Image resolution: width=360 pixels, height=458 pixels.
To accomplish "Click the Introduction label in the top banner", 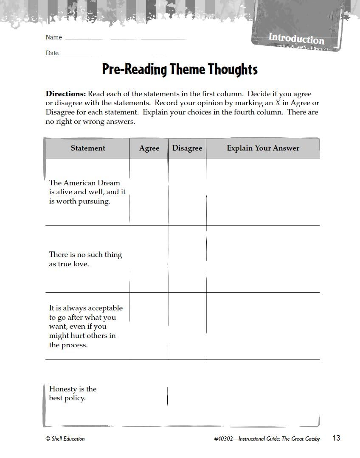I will coord(296,39).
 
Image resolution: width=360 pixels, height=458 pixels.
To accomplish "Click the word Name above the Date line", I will coord(54,37).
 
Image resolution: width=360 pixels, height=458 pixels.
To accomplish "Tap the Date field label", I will coord(52,53).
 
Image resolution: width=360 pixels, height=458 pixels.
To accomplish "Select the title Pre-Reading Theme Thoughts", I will coord(180,69).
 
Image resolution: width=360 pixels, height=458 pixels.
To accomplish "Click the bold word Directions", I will coord(66,94).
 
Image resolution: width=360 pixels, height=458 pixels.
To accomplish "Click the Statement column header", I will coord(88,148).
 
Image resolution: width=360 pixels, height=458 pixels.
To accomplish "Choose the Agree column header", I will coord(149,148).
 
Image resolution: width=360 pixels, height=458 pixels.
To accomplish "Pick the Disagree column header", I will coord(187,148).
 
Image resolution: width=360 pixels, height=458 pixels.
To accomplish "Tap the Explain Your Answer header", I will coord(263,148).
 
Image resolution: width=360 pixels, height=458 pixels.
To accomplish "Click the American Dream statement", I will coord(87,192).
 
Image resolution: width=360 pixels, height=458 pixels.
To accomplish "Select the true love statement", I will coord(85,259).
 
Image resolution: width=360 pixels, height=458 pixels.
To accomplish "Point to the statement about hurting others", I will coord(85,326).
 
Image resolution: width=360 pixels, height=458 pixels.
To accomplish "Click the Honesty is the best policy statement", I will coord(73,393).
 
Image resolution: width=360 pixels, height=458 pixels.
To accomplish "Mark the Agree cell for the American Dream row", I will coord(149,192).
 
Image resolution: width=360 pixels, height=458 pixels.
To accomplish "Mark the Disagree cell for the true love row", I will coord(187,259).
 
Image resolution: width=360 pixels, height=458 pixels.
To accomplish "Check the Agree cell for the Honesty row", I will coord(149,393).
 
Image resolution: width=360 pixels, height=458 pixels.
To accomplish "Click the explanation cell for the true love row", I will coord(263,259).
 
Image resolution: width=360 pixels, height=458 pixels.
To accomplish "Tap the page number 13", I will coord(336,438).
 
